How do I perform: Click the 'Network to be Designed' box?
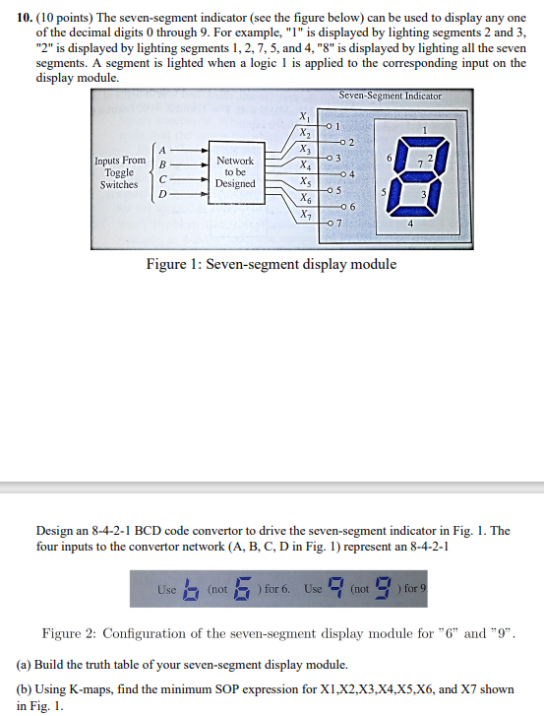click(235, 171)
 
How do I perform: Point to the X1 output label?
click(304, 118)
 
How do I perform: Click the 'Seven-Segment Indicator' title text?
click(391, 97)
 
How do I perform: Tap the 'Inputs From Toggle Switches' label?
click(119, 171)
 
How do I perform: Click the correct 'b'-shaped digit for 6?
click(191, 589)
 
